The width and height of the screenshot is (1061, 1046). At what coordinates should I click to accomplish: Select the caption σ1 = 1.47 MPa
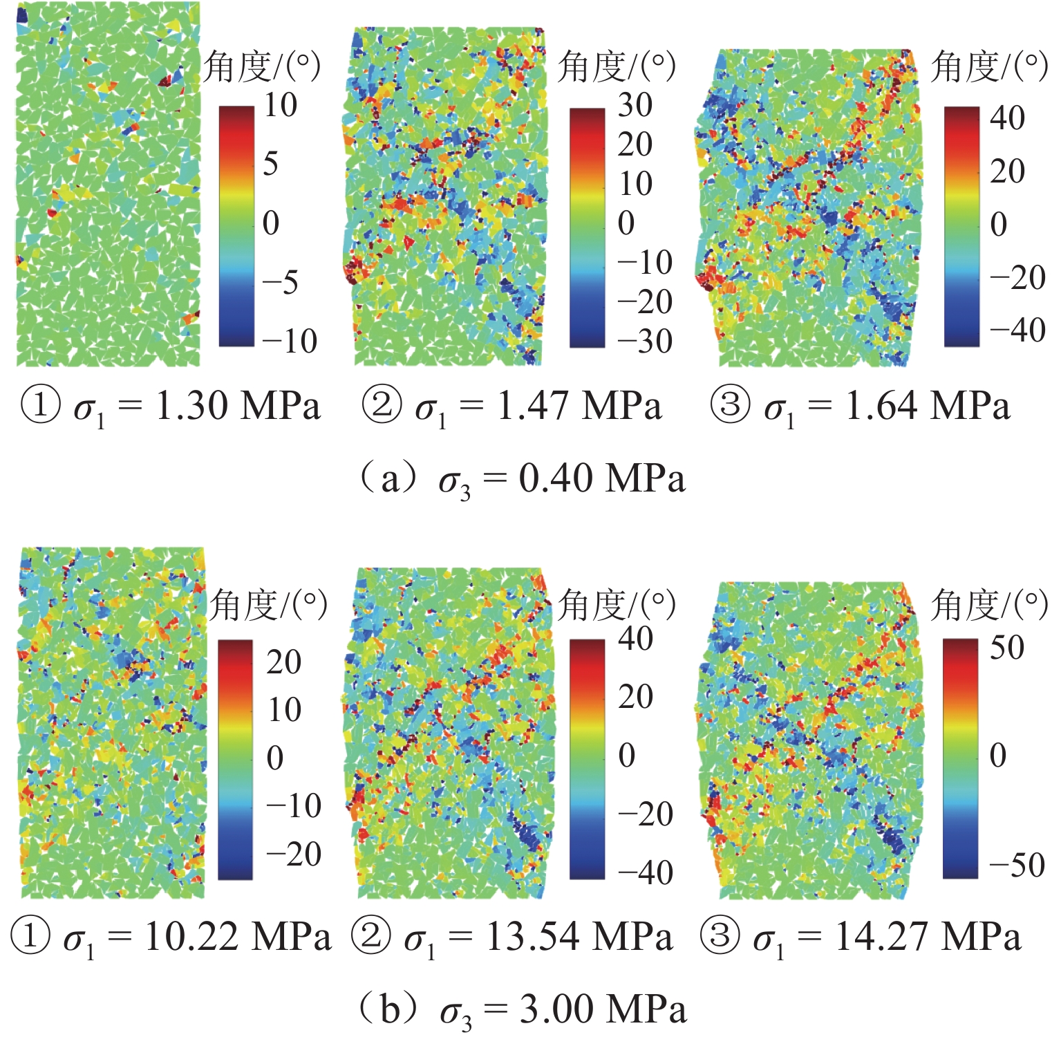(x=512, y=407)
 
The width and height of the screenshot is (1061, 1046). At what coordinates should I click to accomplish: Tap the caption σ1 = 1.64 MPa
(x=861, y=407)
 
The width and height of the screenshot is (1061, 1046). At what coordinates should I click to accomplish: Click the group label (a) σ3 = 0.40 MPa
(x=522, y=479)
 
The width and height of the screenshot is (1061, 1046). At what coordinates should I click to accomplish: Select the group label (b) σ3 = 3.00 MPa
(x=522, y=1010)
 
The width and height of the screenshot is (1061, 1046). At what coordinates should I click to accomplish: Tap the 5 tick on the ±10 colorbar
(x=271, y=164)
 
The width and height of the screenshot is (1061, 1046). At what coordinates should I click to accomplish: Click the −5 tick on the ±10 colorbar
(x=279, y=282)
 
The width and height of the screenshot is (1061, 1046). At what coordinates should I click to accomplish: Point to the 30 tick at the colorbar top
(x=635, y=105)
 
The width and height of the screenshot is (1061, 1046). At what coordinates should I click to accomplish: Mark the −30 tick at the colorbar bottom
(x=644, y=342)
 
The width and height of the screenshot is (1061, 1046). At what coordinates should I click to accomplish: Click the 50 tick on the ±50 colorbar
(x=1006, y=648)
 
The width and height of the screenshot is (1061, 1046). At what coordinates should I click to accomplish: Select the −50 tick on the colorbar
(x=1016, y=864)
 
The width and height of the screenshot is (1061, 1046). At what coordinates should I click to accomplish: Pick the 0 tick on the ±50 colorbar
(x=997, y=755)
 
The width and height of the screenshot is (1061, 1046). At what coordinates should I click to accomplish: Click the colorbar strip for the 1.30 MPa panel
(x=236, y=225)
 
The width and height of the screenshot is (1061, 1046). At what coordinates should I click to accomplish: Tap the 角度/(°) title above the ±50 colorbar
(x=989, y=606)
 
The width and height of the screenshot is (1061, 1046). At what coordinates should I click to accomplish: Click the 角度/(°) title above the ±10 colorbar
(x=263, y=67)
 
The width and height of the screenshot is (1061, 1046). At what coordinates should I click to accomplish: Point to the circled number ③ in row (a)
(x=730, y=405)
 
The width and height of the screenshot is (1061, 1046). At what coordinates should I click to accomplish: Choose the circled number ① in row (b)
(x=30, y=937)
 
